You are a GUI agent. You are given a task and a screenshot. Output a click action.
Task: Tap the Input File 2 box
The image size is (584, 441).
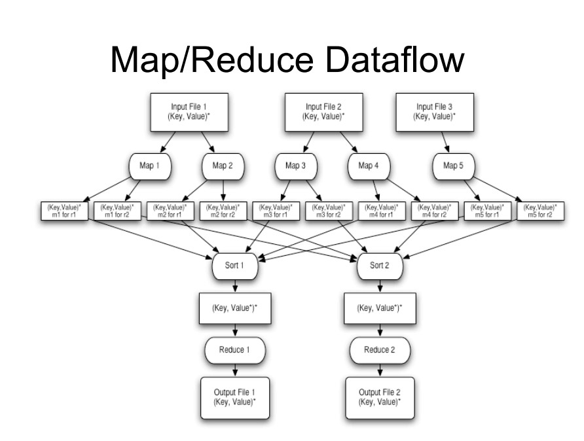[324, 111]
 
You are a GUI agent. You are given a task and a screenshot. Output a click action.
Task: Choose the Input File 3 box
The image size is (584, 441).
[435, 111]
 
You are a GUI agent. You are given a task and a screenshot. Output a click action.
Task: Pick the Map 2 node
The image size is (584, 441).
[223, 166]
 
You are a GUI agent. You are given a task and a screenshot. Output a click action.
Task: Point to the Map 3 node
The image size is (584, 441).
[295, 166]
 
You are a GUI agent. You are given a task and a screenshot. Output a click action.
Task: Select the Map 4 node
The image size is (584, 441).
[369, 166]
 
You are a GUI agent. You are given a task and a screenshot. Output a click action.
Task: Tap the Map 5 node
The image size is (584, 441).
[450, 166]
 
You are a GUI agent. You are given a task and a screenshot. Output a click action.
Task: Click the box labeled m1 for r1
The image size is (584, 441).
[64, 211]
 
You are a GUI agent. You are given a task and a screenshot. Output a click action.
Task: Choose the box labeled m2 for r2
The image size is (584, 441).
[222, 211]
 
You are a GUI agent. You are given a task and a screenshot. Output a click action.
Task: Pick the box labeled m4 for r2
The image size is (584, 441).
[434, 211]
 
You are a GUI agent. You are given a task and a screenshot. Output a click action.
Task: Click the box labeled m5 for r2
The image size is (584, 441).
[540, 211]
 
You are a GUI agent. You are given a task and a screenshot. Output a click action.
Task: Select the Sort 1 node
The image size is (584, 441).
[234, 266]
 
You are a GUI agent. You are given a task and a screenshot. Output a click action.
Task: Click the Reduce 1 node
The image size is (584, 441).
[234, 349]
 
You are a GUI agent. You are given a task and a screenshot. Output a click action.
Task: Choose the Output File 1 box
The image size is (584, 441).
[234, 397]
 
